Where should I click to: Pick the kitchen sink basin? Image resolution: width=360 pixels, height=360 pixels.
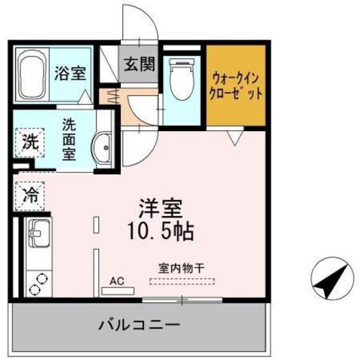[37, 233]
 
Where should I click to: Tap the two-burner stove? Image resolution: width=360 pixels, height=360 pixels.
[38, 280]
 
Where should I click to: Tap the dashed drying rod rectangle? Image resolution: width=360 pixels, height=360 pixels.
[183, 282]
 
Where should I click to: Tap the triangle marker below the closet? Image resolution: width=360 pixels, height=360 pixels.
[235, 136]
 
